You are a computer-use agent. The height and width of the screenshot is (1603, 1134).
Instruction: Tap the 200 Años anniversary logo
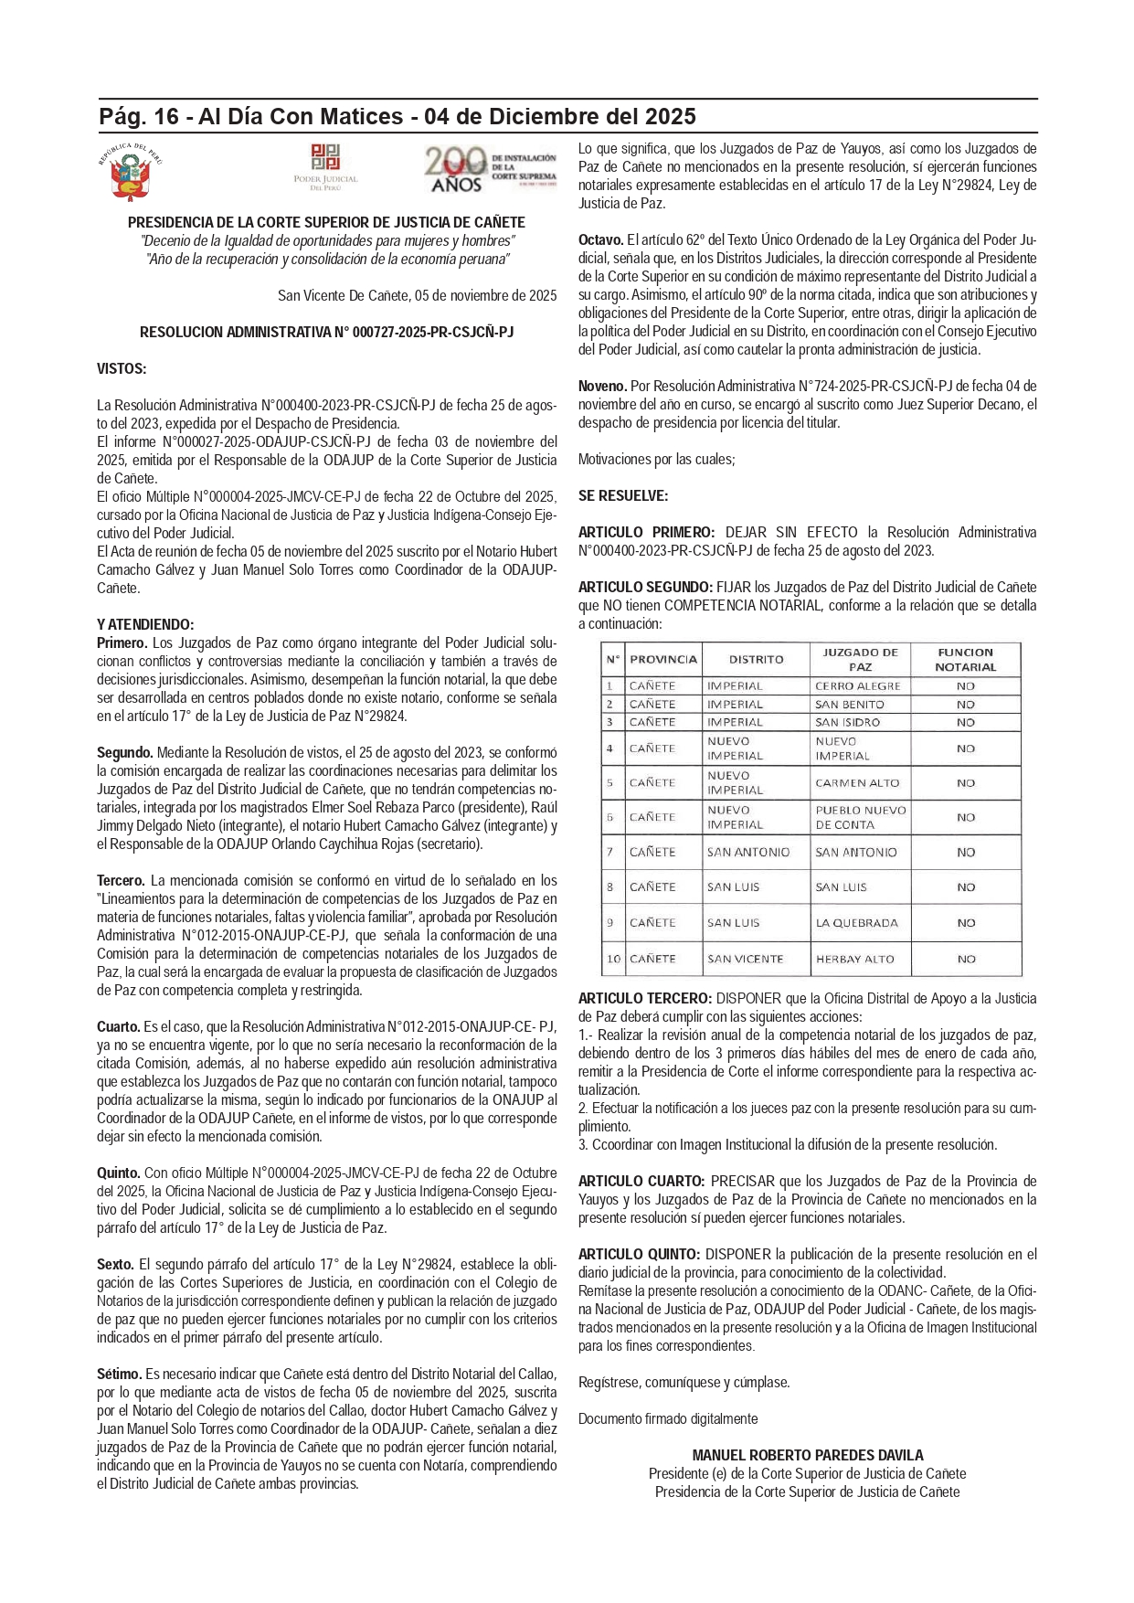click(490, 171)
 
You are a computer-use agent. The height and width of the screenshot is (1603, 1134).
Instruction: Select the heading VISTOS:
click(122, 369)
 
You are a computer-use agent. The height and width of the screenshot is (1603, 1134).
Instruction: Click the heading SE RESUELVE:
click(623, 496)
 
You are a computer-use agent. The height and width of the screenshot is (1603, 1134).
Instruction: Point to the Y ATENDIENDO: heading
click(145, 625)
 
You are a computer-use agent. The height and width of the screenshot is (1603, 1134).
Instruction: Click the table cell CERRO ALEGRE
click(858, 686)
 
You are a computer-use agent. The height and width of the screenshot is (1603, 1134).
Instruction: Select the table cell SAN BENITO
click(850, 705)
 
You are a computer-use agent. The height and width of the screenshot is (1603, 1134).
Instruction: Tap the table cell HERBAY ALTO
click(854, 960)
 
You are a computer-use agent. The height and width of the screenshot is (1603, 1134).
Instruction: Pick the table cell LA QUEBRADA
click(856, 923)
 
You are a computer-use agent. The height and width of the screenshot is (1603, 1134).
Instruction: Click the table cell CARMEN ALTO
click(857, 783)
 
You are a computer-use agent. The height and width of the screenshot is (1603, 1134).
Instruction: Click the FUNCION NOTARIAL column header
click(965, 660)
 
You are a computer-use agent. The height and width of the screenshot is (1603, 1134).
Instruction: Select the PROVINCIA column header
click(662, 660)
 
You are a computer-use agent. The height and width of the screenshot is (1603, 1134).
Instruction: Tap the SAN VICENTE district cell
click(745, 960)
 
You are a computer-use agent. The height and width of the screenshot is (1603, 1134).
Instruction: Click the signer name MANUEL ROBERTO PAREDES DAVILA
click(808, 1455)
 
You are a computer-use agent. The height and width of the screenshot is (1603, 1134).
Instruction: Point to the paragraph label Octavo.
click(600, 240)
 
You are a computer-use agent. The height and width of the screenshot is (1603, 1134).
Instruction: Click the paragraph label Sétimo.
click(119, 1375)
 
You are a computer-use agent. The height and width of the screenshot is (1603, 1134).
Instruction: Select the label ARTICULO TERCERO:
click(644, 999)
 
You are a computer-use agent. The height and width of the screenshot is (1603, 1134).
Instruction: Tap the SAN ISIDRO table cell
click(847, 723)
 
